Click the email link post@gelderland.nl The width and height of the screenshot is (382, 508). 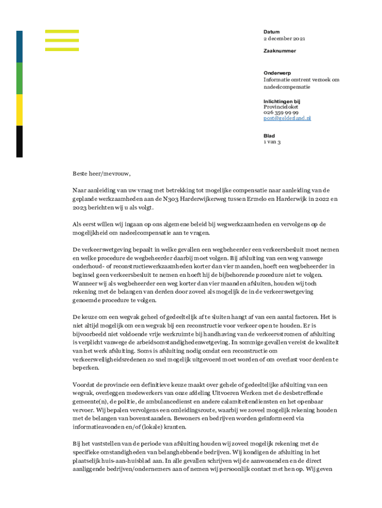tap(287, 118)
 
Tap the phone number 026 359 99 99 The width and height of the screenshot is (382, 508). tap(280, 113)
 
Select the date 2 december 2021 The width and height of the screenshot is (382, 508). tap(284, 38)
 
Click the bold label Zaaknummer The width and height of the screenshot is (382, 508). tap(279, 51)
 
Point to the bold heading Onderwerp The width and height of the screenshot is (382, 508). tap(277, 73)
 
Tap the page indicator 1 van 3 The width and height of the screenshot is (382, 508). tap(272, 142)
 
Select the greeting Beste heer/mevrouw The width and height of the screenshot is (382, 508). tap(101, 174)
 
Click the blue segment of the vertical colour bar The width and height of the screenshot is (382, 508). tap(19, 47)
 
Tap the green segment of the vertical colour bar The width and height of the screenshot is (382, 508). tap(19, 78)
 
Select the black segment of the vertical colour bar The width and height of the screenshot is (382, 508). tap(19, 141)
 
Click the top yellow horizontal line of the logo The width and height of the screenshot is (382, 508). tap(62, 31)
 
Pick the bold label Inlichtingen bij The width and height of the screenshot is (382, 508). tap(282, 101)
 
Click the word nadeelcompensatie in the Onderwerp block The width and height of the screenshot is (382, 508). tap(286, 86)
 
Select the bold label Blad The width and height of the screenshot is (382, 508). tap(269, 135)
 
